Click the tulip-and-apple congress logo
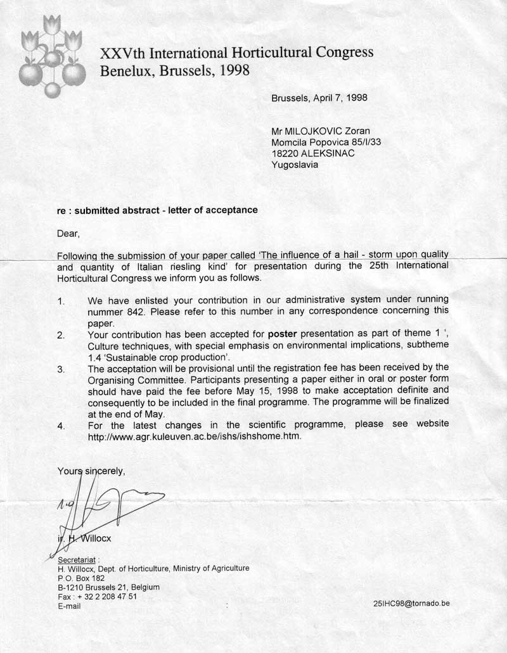click(52, 55)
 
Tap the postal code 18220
click(283, 153)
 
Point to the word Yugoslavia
click(295, 165)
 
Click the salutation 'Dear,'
click(68, 233)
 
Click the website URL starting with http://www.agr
click(193, 436)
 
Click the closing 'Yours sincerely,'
click(92, 471)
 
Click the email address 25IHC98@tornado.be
click(412, 604)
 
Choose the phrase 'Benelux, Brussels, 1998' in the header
click(175, 71)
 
